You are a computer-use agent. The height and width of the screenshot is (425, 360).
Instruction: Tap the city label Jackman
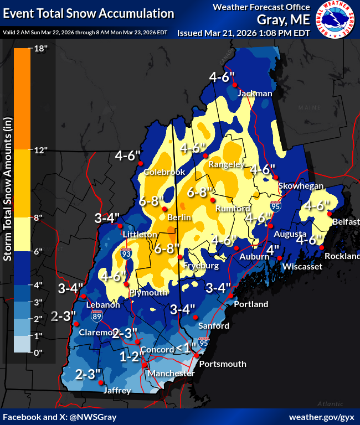coord(255,94)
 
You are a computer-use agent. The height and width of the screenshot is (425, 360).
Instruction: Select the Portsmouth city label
coord(222,364)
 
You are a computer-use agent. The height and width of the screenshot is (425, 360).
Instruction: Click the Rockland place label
coord(342,256)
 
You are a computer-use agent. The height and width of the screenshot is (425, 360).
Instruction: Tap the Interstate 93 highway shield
coord(127,254)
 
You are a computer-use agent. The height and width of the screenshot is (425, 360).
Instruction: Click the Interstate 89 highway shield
coord(97,316)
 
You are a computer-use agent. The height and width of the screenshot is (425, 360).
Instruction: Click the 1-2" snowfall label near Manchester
coord(132,357)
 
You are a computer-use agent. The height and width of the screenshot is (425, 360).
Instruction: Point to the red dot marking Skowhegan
coord(276,177)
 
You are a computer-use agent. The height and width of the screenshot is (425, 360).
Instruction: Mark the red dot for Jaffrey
coord(100,382)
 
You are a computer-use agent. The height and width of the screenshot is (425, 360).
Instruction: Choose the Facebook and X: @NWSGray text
coord(60,416)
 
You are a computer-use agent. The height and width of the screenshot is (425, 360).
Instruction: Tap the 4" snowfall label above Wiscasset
coord(273,250)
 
